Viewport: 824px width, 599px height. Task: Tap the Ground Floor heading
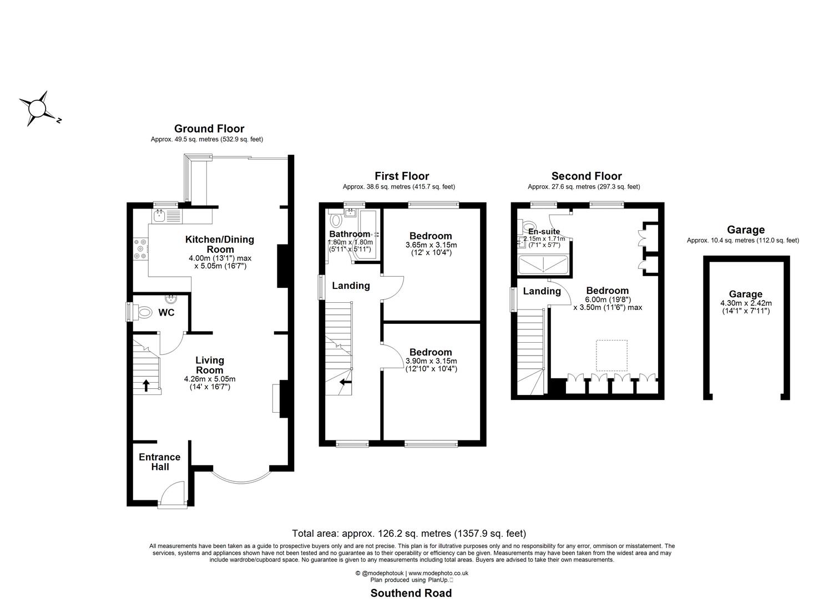pyautogui.click(x=209, y=129)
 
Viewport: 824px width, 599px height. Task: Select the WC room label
pyautogui.click(x=166, y=313)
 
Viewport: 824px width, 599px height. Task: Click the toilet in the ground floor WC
pyautogui.click(x=143, y=312)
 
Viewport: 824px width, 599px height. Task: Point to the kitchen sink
pyautogui.click(x=160, y=215)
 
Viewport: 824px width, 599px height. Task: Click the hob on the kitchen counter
pyautogui.click(x=140, y=249)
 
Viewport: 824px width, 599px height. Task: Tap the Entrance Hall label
pyautogui.click(x=159, y=462)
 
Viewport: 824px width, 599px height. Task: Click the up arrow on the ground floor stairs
pyautogui.click(x=146, y=385)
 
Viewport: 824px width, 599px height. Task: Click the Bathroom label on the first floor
pyautogui.click(x=349, y=234)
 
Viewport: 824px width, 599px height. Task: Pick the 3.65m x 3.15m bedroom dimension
pyautogui.click(x=431, y=245)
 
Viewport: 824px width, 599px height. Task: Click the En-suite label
pyautogui.click(x=544, y=231)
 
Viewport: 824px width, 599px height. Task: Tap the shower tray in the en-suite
pyautogui.click(x=544, y=266)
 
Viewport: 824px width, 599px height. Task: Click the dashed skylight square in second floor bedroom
pyautogui.click(x=611, y=356)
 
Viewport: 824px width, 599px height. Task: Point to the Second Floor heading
pyautogui.click(x=586, y=176)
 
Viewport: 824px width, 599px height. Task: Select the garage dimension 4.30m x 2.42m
pyautogui.click(x=746, y=303)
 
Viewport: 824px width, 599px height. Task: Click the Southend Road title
pyautogui.click(x=411, y=593)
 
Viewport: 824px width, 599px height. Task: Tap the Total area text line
pyautogui.click(x=409, y=534)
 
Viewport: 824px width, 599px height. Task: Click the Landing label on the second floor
pyautogui.click(x=542, y=291)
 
